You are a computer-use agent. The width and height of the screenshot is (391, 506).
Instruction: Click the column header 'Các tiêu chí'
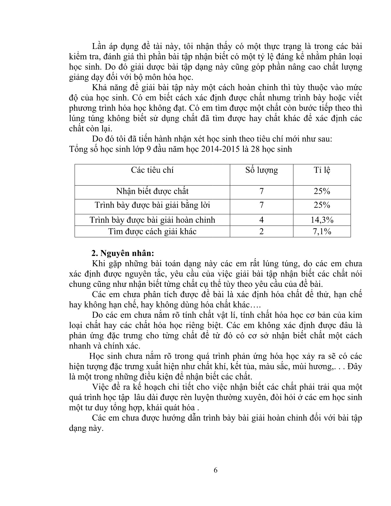[x=152, y=170]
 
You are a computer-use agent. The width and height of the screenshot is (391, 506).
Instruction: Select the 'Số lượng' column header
[x=262, y=170]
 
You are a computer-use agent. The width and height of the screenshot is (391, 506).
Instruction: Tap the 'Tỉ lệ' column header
[x=322, y=170]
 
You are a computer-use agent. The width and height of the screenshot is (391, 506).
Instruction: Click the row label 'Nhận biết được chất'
[x=152, y=191]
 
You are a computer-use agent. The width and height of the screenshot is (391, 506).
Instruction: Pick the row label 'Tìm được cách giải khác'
[x=152, y=231]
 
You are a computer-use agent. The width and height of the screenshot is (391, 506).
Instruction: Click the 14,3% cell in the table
[x=322, y=220]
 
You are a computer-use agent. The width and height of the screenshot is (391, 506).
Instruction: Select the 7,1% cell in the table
[x=322, y=231]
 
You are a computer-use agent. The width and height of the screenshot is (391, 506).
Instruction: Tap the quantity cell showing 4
[x=262, y=220]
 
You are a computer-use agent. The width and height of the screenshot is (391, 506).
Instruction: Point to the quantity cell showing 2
[x=262, y=231]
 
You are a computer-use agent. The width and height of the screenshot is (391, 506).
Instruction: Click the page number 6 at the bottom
[x=216, y=470]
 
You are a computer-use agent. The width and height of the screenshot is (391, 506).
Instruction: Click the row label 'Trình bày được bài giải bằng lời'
[x=152, y=205]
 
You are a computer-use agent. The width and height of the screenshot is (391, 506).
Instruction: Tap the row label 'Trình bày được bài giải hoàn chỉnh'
[x=152, y=220]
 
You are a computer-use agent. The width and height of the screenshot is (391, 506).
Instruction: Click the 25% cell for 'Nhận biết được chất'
[x=322, y=191]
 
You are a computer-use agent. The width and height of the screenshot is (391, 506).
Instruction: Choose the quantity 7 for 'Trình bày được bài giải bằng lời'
[x=262, y=205]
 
